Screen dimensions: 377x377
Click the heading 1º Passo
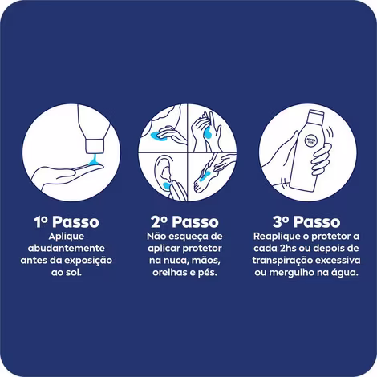point(67,221)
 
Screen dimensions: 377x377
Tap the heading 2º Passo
point(184,221)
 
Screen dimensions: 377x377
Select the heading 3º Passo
point(306,221)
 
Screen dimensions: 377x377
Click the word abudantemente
point(67,248)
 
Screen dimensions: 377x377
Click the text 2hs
point(288,248)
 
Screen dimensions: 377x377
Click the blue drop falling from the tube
point(94,160)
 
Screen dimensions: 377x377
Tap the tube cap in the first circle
point(94,146)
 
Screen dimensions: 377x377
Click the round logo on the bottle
point(311,140)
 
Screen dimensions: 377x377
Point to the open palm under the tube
point(67,175)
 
